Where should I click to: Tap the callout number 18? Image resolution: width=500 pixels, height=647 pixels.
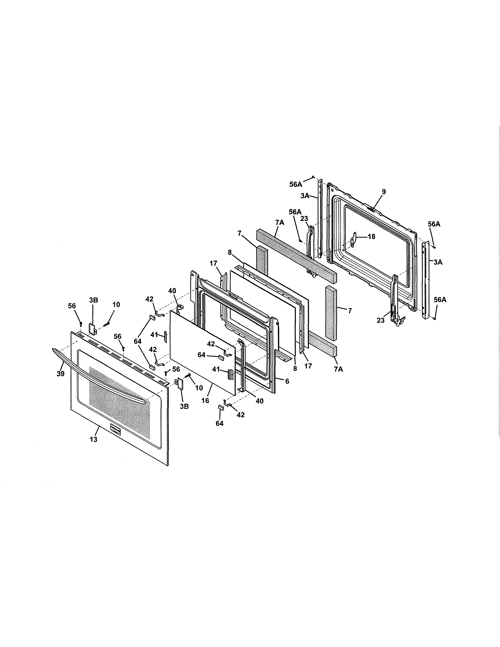click(x=371, y=236)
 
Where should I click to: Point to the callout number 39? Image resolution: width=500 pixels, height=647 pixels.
click(x=60, y=374)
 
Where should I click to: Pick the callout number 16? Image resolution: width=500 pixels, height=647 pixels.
click(x=205, y=401)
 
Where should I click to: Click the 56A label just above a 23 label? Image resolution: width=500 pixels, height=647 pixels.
click(x=295, y=212)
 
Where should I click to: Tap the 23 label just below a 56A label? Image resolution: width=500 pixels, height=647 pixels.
click(x=304, y=218)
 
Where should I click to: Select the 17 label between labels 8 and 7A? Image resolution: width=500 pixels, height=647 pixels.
click(x=308, y=366)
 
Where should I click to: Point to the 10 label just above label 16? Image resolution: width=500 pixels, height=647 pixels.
click(x=199, y=388)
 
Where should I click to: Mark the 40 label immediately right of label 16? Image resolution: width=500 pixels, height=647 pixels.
click(x=259, y=401)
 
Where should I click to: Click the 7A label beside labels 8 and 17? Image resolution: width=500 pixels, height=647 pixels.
click(x=338, y=369)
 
